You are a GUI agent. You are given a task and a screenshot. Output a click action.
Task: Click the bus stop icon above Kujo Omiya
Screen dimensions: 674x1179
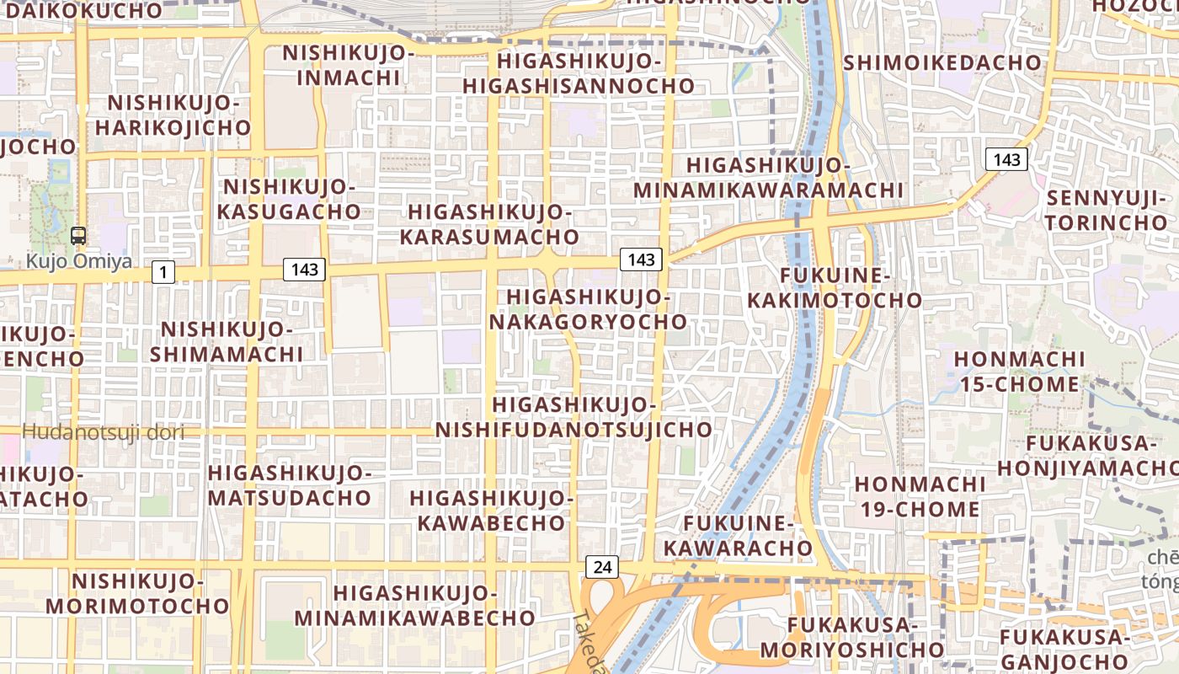78,236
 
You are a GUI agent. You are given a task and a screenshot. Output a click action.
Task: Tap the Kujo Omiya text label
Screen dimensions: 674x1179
78,261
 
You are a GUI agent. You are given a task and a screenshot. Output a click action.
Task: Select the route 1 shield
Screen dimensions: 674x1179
163,271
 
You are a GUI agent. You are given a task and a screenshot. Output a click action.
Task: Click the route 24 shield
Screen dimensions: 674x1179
602,567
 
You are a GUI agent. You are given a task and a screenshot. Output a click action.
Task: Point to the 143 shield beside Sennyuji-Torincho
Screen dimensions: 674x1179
1006,159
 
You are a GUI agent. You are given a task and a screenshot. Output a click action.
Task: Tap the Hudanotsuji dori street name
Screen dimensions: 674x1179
103,433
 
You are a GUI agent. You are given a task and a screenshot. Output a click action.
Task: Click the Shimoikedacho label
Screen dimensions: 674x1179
942,62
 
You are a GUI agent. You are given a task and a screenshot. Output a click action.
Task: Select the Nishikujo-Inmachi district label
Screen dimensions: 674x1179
349,65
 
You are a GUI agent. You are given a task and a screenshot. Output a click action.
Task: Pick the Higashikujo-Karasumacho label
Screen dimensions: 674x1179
489,224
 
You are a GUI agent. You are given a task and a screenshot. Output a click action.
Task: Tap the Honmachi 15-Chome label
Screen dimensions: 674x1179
1019,372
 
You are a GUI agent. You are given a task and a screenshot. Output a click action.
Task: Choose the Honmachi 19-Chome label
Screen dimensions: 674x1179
919,496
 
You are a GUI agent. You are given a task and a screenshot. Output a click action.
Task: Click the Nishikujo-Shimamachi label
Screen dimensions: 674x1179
226,341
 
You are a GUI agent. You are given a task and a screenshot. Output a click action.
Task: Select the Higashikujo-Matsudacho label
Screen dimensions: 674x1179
290,485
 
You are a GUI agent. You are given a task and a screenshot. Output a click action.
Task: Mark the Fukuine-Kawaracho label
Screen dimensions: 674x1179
738,536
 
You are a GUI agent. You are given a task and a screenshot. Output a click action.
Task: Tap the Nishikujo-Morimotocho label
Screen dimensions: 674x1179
137,593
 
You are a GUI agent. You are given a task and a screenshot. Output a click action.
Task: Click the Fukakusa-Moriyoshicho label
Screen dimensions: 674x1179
852,637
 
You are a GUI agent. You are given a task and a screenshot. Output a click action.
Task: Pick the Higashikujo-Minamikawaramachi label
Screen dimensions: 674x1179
768,178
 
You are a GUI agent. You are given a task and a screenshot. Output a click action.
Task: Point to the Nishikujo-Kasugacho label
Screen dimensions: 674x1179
289,199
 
